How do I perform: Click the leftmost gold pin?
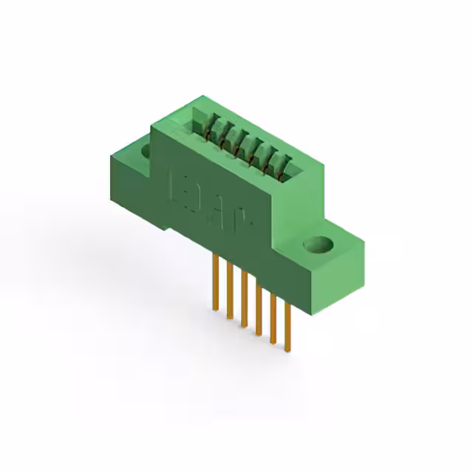point(214,281)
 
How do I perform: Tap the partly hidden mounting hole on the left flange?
point(145,152)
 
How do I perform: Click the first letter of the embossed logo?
point(178,186)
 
